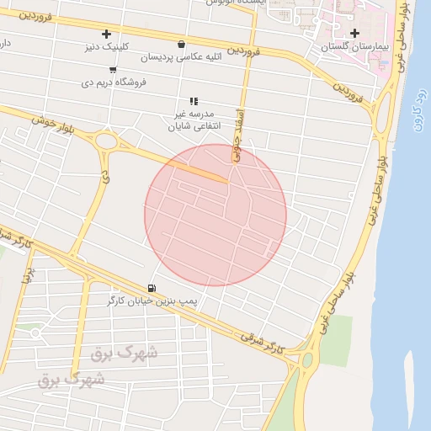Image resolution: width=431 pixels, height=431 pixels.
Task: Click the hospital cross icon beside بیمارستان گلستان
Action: [x=354, y=33]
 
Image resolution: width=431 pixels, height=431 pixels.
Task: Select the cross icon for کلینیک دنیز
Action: [x=106, y=35]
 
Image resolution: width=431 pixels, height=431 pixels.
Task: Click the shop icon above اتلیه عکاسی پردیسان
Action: [x=182, y=44]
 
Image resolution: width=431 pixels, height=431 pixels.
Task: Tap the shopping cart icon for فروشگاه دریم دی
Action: [x=112, y=70]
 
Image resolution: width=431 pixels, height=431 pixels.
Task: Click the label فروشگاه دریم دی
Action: [x=114, y=82]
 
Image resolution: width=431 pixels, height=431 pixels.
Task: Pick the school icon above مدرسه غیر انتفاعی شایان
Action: [x=194, y=100]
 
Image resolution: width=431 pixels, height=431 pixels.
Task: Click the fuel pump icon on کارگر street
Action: [x=152, y=287]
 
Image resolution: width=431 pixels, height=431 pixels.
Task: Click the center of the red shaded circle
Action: [x=215, y=215]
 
